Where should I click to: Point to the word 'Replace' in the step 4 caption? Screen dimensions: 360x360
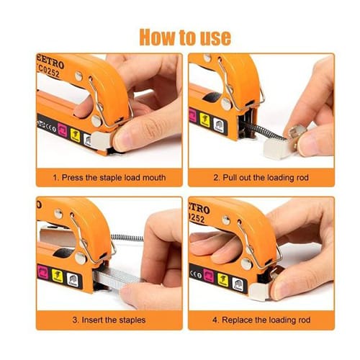(233, 319)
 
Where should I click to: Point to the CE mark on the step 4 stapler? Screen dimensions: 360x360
(197, 270)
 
